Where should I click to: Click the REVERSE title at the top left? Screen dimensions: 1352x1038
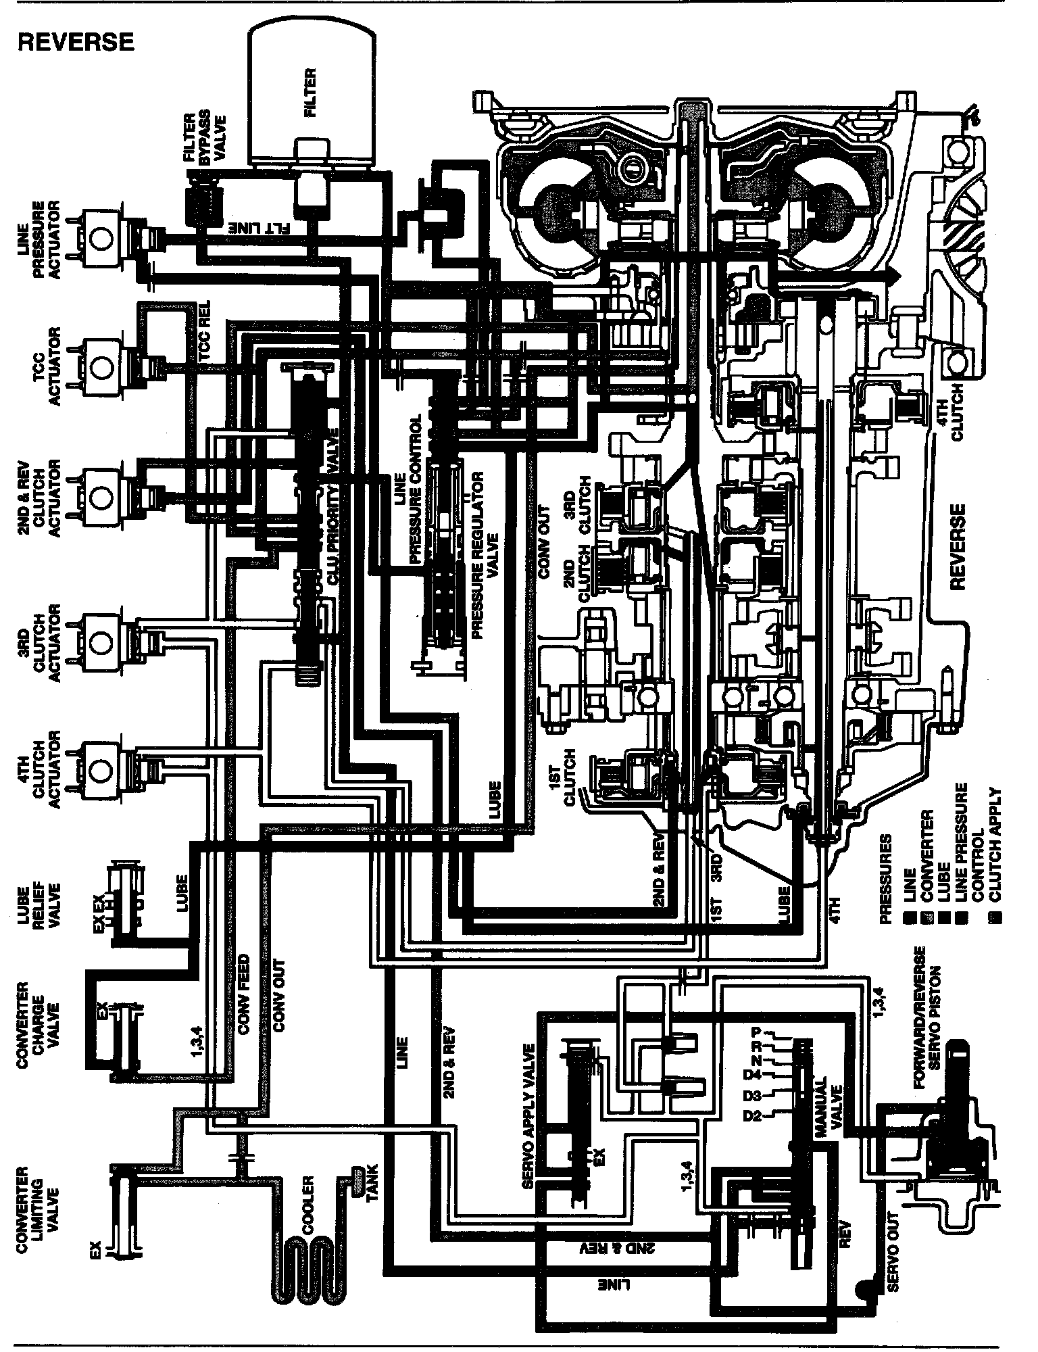(x=76, y=42)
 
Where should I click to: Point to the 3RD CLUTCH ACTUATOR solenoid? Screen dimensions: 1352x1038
(x=100, y=639)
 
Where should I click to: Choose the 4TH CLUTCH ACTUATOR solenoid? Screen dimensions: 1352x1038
(x=100, y=767)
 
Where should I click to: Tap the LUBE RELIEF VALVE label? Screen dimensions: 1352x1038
(x=42, y=904)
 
